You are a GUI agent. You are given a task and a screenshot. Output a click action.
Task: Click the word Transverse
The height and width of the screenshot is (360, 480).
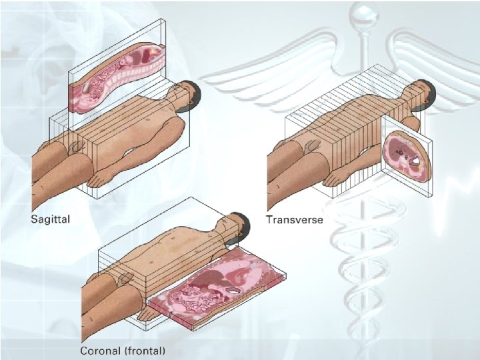tap(295, 220)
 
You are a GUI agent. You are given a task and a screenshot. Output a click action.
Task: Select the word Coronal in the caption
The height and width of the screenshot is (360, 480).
tap(102, 350)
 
